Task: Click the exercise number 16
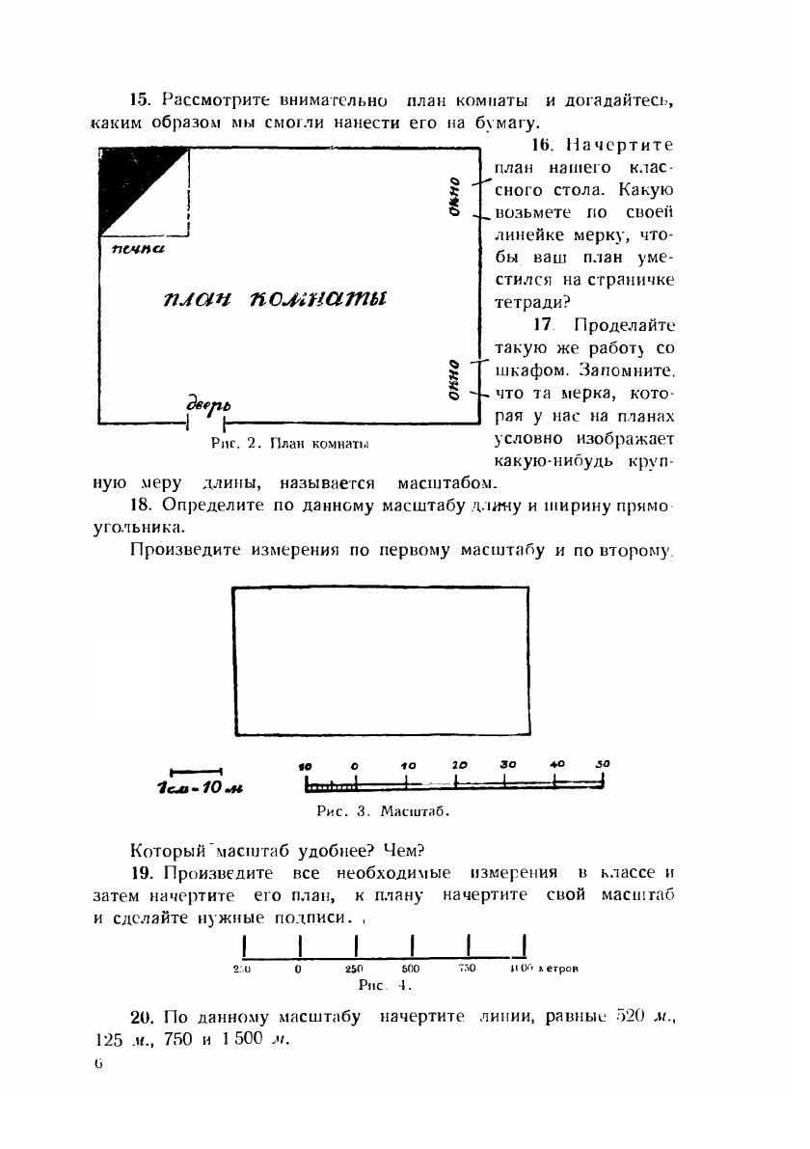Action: (x=540, y=145)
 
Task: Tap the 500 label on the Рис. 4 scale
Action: (x=411, y=968)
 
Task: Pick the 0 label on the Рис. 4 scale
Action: (x=299, y=968)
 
